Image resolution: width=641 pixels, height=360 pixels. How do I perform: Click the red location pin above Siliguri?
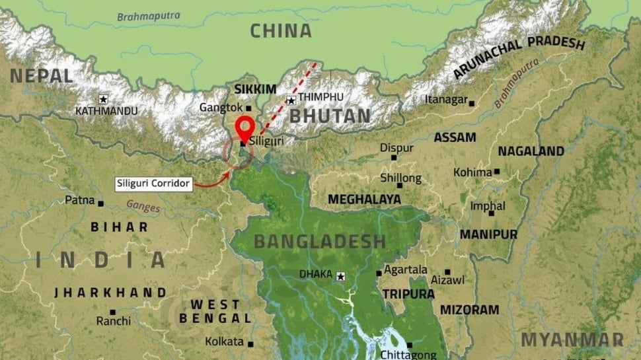click(x=245, y=126)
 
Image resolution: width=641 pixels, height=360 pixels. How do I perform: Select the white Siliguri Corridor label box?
click(x=154, y=184)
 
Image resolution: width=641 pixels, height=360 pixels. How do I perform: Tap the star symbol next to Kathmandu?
click(x=103, y=99)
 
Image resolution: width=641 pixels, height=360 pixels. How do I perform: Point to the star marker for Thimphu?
click(x=291, y=100)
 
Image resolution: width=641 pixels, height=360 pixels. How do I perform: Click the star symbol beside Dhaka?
click(x=340, y=276)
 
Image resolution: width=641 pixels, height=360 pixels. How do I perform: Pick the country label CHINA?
click(x=281, y=31)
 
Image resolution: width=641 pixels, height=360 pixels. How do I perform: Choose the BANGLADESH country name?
click(x=319, y=241)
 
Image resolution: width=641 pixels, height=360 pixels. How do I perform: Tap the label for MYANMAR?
click(x=572, y=340)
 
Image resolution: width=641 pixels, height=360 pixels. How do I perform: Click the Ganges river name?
click(x=143, y=207)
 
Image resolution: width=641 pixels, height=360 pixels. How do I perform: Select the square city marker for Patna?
click(x=100, y=203)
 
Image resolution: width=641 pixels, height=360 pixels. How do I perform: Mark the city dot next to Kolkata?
click(x=250, y=343)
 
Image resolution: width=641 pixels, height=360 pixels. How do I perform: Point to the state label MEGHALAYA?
click(x=364, y=199)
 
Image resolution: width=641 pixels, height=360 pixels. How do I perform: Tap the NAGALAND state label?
click(x=531, y=151)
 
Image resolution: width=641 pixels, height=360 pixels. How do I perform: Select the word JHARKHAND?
click(x=110, y=292)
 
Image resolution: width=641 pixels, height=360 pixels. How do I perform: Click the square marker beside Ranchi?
click(x=113, y=312)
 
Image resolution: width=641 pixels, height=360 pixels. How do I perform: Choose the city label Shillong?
click(x=400, y=178)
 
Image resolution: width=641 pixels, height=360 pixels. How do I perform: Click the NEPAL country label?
click(x=41, y=76)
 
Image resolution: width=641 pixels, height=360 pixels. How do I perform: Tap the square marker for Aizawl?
click(x=447, y=271)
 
